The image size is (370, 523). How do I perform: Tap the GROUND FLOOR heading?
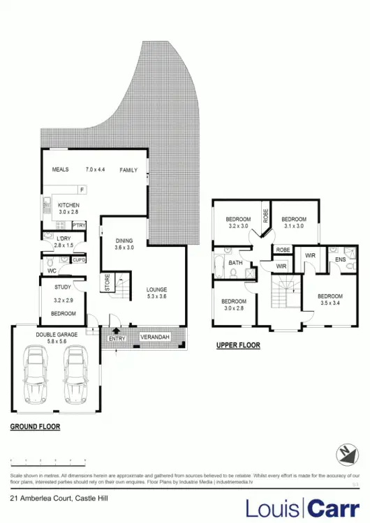(35, 426)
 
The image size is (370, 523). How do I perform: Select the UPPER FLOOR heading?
(238, 345)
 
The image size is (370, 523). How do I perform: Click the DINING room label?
(124, 241)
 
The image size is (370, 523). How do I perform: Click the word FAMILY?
(128, 170)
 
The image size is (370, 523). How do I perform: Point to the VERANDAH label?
(153, 337)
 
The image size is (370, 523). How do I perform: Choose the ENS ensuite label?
(340, 259)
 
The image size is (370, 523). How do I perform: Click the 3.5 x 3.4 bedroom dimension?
(330, 303)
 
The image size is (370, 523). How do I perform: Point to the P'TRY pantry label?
(79, 225)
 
